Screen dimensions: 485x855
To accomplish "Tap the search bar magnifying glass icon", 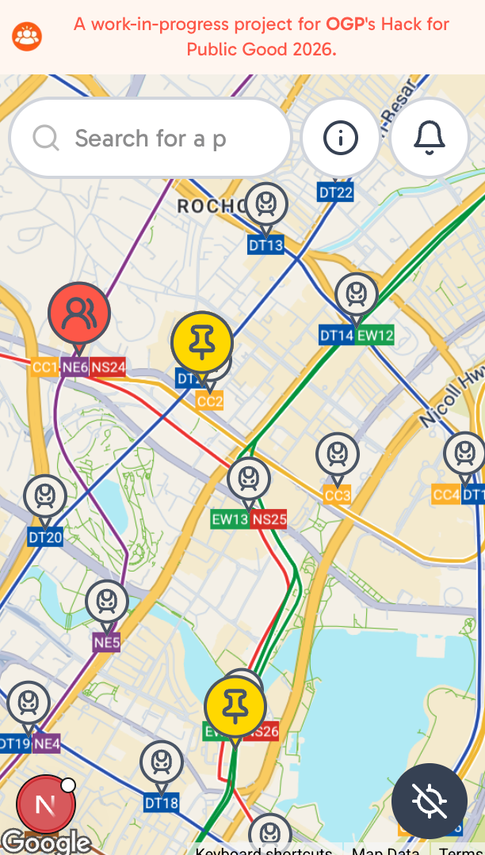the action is tap(46, 139).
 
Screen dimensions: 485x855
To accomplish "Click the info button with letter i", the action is tap(341, 139).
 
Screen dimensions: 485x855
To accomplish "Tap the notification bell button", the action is tap(430, 139).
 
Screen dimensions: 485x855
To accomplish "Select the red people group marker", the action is tap(78, 313).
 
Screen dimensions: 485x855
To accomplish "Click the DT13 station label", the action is tap(265, 245).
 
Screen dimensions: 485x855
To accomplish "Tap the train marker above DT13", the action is tap(265, 204).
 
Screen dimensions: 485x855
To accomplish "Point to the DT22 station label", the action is tap(335, 192).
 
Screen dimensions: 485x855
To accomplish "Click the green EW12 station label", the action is tap(375, 335).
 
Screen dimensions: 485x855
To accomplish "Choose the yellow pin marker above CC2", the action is tap(202, 342).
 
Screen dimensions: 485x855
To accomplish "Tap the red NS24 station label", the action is tap(108, 367).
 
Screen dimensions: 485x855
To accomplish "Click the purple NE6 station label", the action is tap(75, 367).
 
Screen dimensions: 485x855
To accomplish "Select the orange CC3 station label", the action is tap(338, 496).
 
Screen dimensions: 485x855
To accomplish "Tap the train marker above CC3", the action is tap(338, 455).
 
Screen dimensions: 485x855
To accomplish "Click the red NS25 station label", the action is tap(269, 520).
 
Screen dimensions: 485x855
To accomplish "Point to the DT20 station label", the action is tap(45, 538).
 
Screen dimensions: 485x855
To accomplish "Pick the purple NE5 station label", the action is tap(106, 642).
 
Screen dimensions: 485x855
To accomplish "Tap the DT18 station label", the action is tap(162, 804).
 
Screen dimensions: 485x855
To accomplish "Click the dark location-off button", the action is tap(430, 801).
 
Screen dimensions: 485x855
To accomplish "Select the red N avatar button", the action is tap(46, 805).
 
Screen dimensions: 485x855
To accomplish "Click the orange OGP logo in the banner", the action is tap(27, 36).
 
